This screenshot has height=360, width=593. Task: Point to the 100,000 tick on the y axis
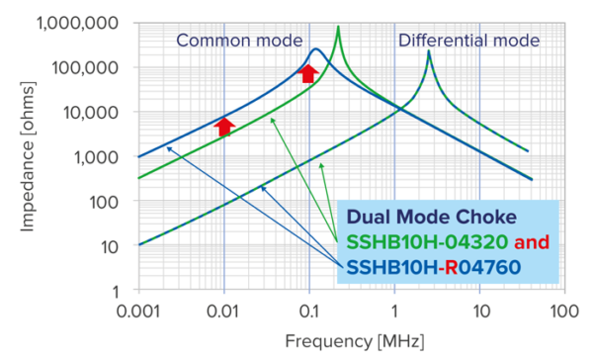click(99, 67)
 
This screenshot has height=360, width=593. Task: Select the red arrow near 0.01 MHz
click(224, 125)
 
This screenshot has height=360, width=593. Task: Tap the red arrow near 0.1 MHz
click(308, 72)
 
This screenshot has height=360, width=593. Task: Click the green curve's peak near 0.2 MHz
click(338, 28)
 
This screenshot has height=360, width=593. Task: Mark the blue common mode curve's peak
click(315, 49)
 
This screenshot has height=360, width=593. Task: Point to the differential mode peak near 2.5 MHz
click(429, 51)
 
